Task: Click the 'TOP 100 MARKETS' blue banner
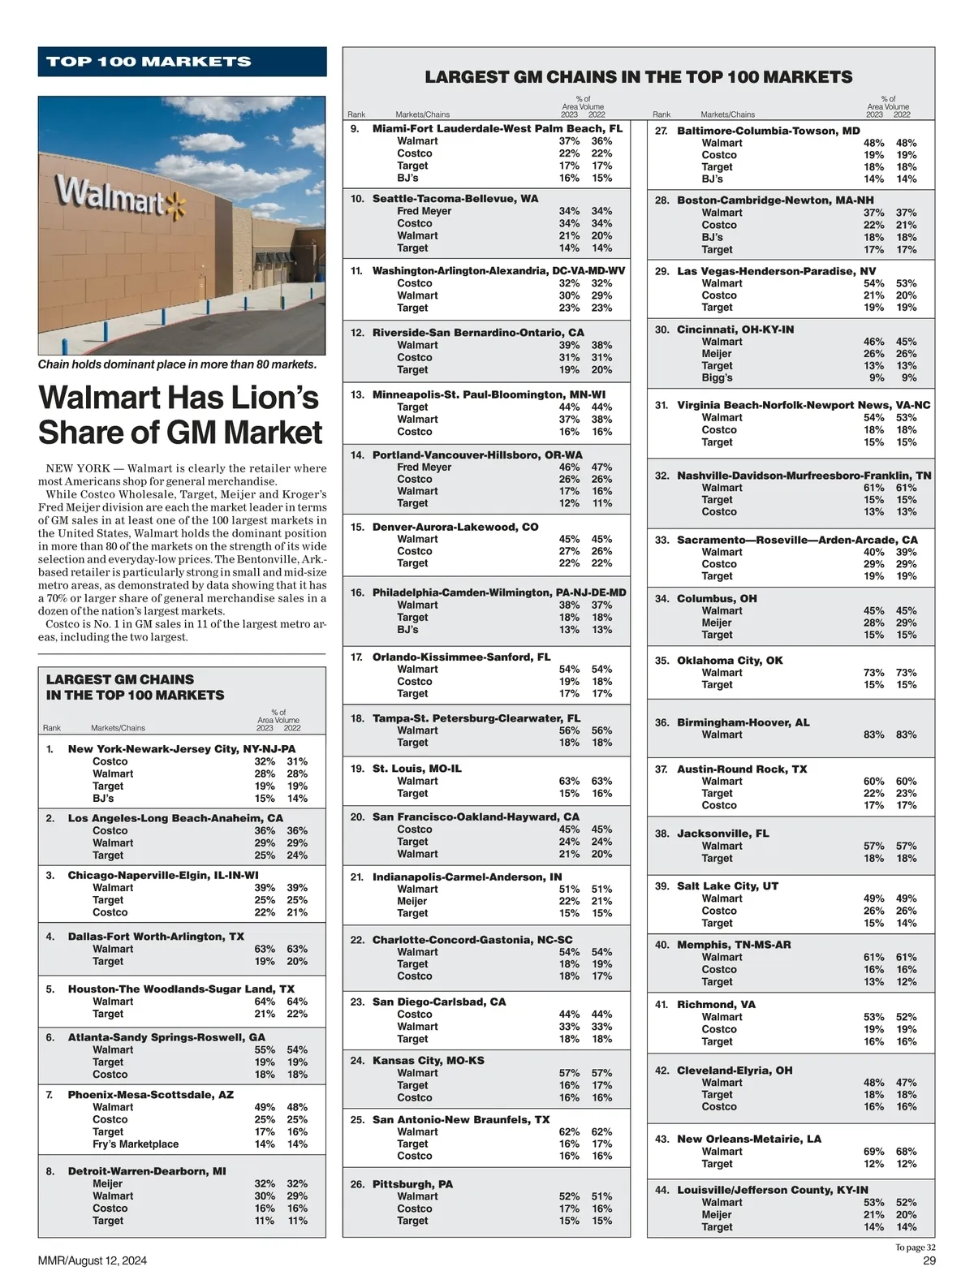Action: point(182,62)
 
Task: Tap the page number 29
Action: point(929,1260)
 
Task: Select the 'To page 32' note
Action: point(916,1247)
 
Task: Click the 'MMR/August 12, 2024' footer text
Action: point(93,1260)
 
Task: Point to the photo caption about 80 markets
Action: point(177,364)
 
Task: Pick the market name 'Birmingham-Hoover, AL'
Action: point(743,722)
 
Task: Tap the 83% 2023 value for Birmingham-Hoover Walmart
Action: point(873,735)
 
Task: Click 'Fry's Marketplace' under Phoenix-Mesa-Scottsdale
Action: point(136,1144)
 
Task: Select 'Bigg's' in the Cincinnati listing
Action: point(717,377)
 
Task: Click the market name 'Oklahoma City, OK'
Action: point(730,661)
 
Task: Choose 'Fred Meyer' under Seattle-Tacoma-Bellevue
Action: point(424,211)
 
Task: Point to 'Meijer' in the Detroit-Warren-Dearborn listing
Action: point(107,1183)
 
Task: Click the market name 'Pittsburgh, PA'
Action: point(412,1184)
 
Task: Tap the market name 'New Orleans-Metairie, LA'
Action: point(748,1139)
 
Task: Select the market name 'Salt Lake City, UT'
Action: point(727,885)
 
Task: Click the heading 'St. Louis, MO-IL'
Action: point(416,768)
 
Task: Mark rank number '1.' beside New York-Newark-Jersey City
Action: point(50,748)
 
